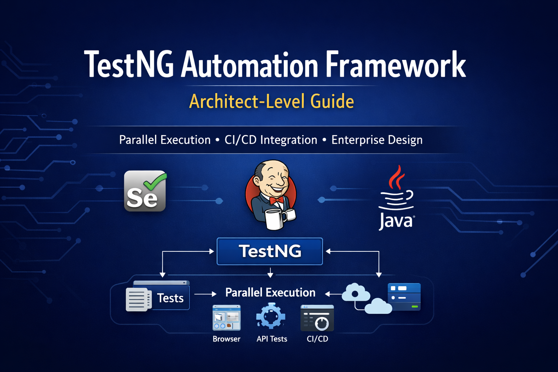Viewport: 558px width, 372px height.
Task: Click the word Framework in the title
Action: point(395,65)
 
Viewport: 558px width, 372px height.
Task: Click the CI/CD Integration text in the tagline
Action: point(271,140)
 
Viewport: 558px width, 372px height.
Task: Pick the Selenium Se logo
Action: point(145,191)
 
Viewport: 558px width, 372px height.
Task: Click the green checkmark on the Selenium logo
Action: point(155,182)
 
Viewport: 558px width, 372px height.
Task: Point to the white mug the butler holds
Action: point(274,218)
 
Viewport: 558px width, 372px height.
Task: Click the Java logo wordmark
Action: point(396,221)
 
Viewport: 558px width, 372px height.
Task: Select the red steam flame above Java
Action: point(397,177)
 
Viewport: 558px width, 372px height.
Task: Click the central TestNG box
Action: point(270,251)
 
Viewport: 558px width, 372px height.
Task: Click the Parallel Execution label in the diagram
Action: point(270,292)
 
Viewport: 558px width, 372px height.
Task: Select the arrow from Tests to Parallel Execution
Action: point(205,294)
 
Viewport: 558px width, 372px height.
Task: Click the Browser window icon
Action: point(226,318)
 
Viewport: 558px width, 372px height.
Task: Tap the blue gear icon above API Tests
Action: point(271,316)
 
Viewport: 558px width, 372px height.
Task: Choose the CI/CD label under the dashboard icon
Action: point(317,339)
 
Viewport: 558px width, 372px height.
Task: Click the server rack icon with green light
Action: point(404,296)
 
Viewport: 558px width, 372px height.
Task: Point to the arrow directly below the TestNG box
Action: point(270,272)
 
